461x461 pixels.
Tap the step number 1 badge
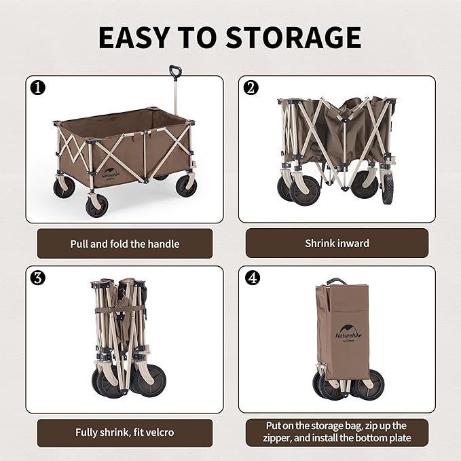pos(37,87)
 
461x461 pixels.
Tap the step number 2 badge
pos(251,87)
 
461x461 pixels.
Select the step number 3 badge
pos(37,278)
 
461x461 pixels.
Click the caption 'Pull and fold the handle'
pos(125,243)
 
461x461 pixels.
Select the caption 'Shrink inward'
pos(337,243)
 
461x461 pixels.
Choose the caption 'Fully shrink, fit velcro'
pos(125,432)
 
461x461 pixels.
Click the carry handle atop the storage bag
pos(337,280)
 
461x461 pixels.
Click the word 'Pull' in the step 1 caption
pos(80,243)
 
